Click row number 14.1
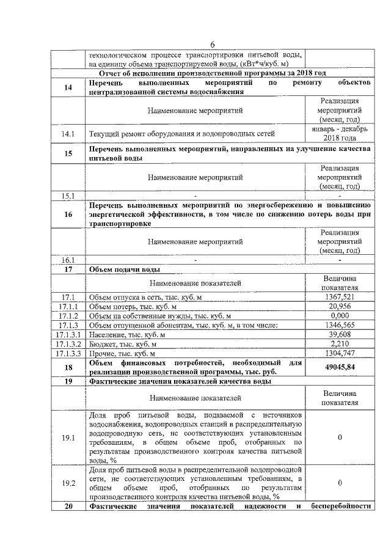click(x=68, y=133)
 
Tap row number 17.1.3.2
click(x=68, y=343)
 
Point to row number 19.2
click(x=68, y=483)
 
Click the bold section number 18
click(x=68, y=367)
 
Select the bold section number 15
click(x=68, y=153)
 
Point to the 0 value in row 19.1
click(x=338, y=438)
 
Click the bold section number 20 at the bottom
click(x=68, y=506)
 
